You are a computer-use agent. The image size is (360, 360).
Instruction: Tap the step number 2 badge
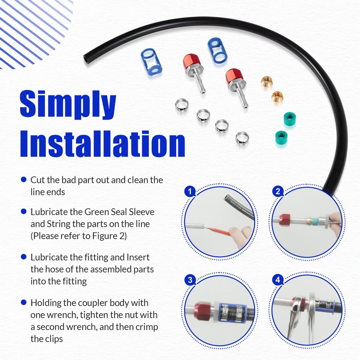tap(278, 192)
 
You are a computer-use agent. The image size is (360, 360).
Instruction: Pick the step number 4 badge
tap(278, 280)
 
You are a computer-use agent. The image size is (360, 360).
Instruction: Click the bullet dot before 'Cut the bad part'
tap(24, 180)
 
